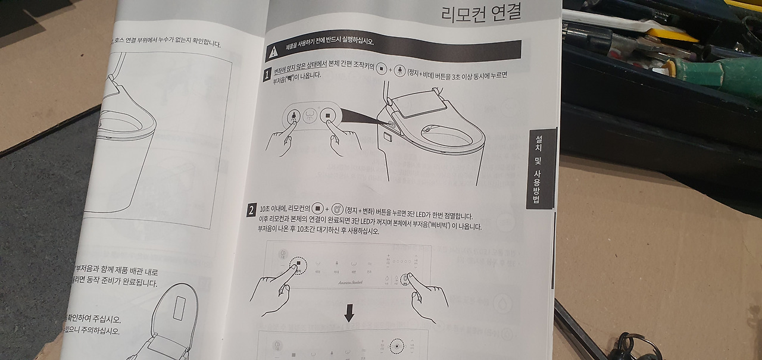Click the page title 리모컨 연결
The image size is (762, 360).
tap(481, 13)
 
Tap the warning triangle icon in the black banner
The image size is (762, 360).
tap(273, 52)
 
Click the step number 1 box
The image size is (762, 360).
tap(267, 75)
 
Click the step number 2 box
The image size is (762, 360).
tap(252, 211)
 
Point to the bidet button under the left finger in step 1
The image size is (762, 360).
tap(293, 116)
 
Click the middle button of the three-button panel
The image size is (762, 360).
tap(310, 117)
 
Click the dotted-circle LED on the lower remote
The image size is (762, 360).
tap(396, 346)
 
